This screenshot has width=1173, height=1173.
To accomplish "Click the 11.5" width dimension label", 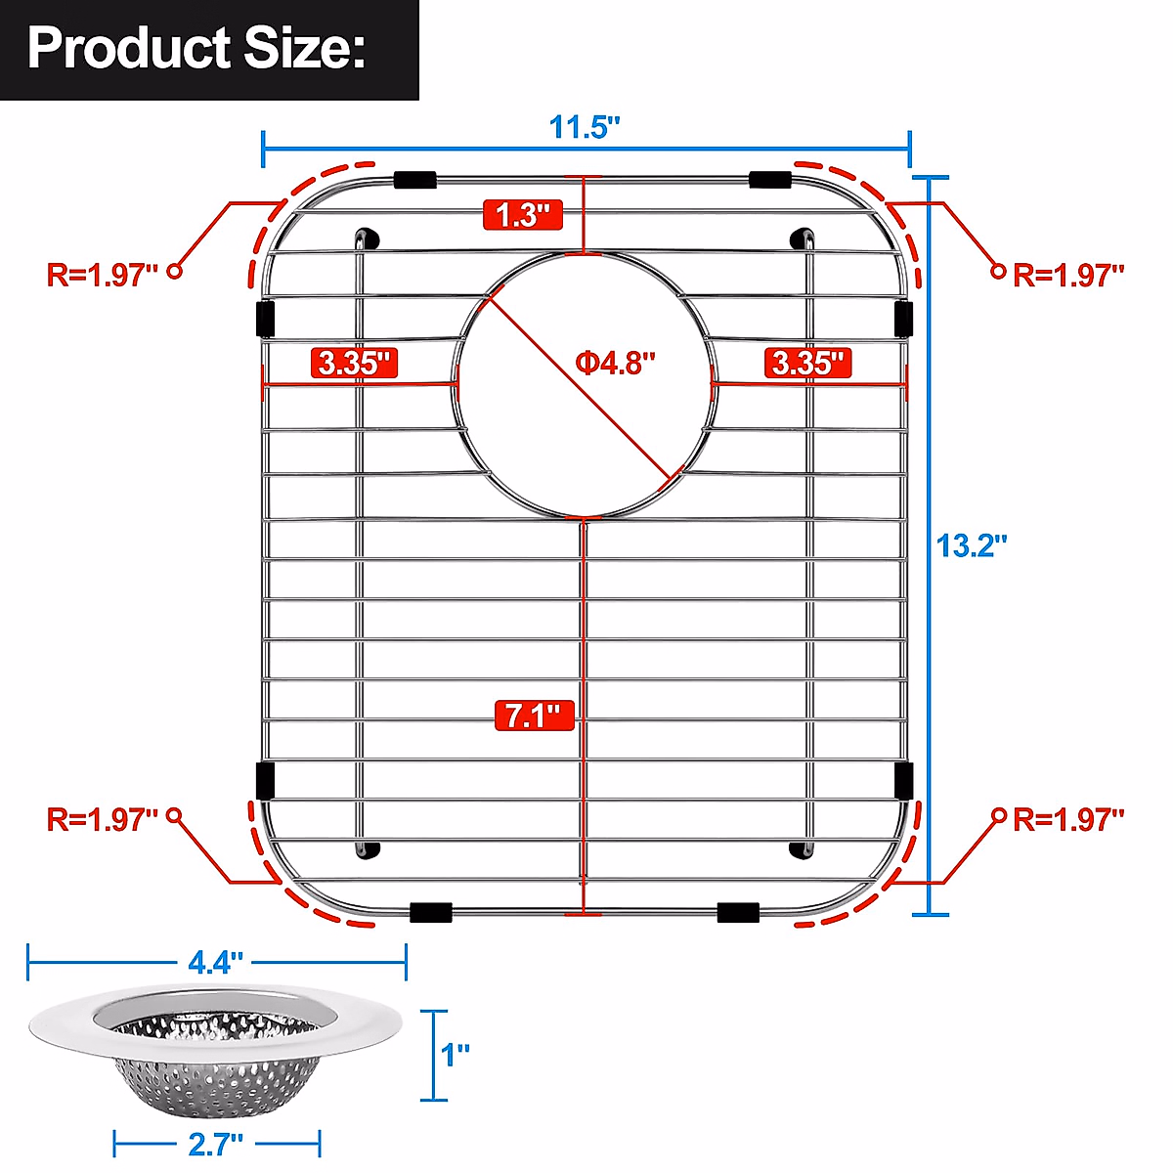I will pyautogui.click(x=585, y=128).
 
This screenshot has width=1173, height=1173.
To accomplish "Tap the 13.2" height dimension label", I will pyautogui.click(x=971, y=544).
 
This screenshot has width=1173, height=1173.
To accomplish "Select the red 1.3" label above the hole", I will pyautogui.click(x=523, y=214).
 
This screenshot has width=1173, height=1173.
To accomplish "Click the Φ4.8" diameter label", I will pyautogui.click(x=615, y=364).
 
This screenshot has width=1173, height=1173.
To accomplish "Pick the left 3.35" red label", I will pyautogui.click(x=355, y=363).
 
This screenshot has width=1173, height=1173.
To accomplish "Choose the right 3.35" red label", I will pyautogui.click(x=807, y=363).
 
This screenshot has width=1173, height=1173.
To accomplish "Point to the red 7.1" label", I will pyautogui.click(x=534, y=716).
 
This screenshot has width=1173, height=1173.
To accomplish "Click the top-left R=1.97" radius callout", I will pyautogui.click(x=103, y=275).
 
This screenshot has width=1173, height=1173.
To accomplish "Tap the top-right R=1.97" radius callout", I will pyautogui.click(x=1068, y=275).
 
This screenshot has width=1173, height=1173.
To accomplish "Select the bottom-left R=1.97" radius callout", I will pyautogui.click(x=103, y=819).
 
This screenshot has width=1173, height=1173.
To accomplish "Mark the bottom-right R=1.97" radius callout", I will pyautogui.click(x=1068, y=819).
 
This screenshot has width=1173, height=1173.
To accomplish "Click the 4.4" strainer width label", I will pyautogui.click(x=215, y=963).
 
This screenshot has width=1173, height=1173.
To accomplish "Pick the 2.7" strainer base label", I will pyautogui.click(x=215, y=1143).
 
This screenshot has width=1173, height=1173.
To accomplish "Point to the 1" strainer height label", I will pyautogui.click(x=456, y=1055).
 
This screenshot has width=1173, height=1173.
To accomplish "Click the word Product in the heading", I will pyautogui.click(x=128, y=48).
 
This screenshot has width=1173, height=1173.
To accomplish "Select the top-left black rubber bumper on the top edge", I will pyautogui.click(x=414, y=180).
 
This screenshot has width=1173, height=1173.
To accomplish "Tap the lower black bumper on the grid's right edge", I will pyautogui.click(x=904, y=780).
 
